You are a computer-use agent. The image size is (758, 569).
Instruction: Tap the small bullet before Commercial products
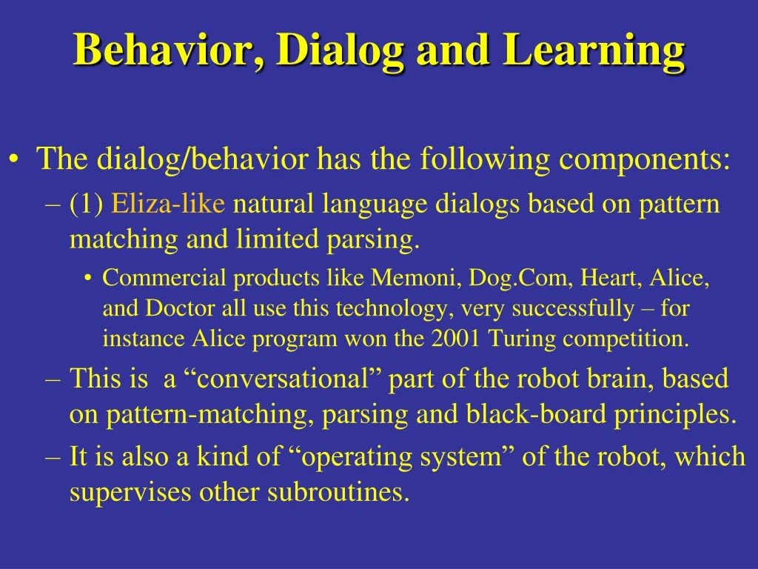point(87,279)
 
